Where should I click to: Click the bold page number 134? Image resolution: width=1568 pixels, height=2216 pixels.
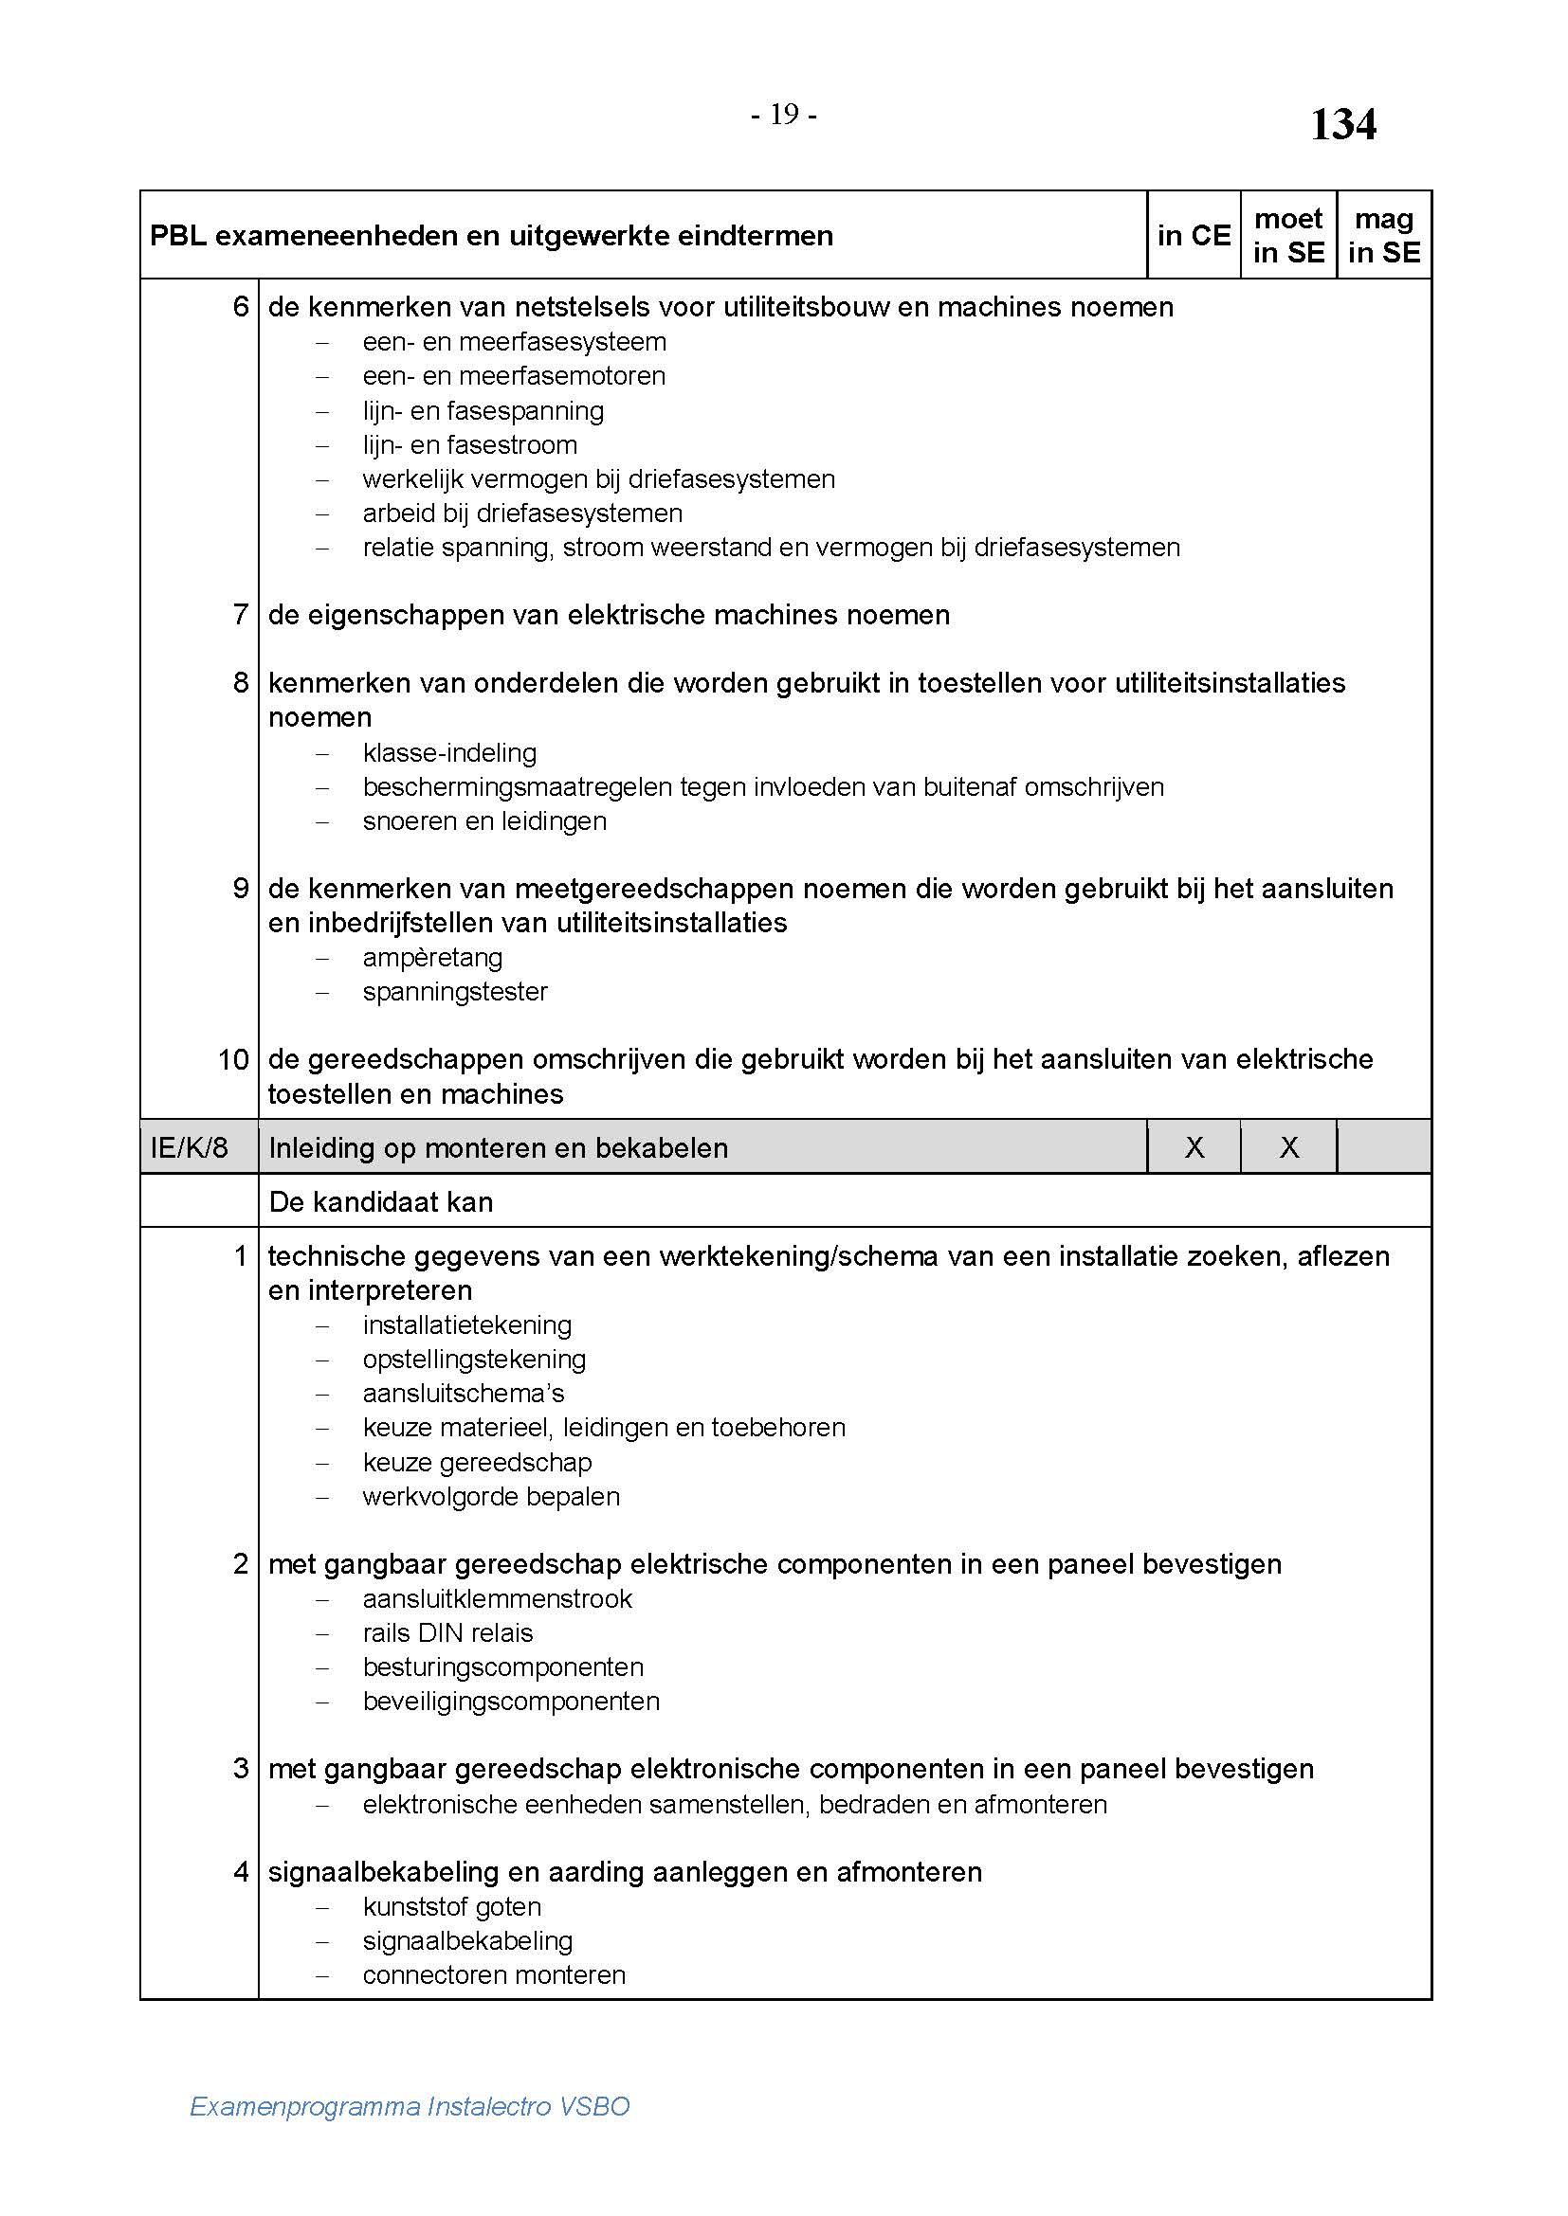1342,125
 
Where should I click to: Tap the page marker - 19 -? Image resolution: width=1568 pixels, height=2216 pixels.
784,116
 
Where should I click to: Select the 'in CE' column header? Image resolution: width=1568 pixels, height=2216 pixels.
1194,236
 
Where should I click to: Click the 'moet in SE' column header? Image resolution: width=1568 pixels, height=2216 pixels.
1288,236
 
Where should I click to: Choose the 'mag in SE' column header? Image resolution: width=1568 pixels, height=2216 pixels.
1383,236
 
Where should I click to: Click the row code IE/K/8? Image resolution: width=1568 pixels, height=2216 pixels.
190,1147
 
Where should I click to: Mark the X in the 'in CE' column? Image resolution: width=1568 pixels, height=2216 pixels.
1194,1147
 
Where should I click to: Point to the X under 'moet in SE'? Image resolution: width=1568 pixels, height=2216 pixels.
1289,1147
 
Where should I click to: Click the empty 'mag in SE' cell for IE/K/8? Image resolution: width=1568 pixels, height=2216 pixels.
1383,1147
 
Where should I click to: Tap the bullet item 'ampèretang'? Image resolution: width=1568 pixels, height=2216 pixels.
432,958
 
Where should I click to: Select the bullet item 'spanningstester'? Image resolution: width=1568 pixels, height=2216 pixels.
455,992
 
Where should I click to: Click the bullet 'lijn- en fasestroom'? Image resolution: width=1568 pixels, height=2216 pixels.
469,445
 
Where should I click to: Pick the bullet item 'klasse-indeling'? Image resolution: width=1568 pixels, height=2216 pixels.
449,753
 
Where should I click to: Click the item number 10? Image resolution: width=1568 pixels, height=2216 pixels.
233,1060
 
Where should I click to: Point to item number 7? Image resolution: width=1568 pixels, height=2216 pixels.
241,615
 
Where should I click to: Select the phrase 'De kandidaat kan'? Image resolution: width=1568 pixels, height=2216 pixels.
380,1201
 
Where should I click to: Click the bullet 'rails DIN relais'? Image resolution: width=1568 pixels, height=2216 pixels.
448,1632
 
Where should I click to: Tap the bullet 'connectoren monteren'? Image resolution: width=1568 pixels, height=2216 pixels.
494,1974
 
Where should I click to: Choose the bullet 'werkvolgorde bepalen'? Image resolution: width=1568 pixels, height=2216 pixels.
490,1496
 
